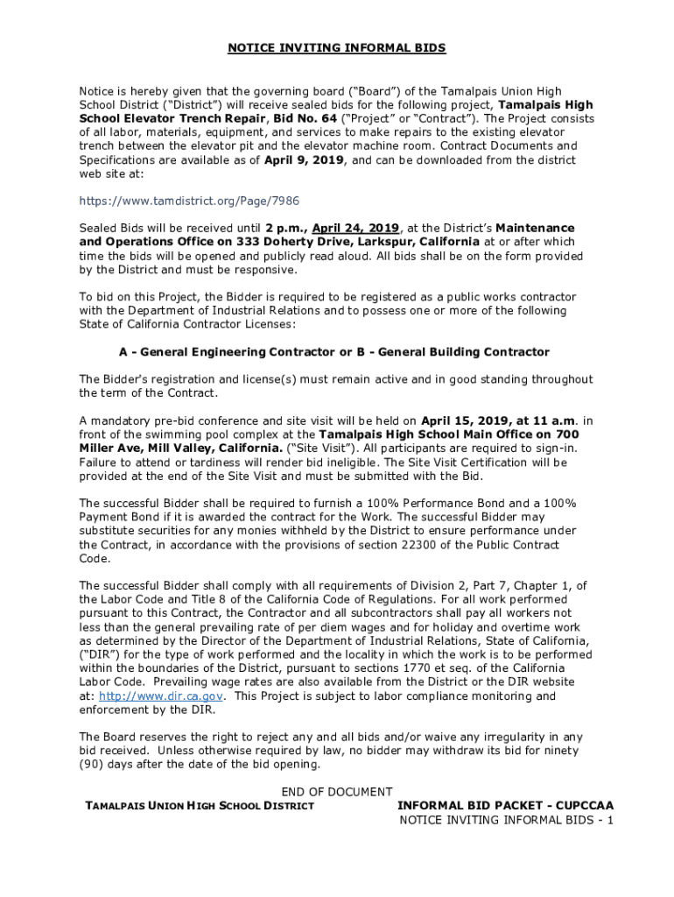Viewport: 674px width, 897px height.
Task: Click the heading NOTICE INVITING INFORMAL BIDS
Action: tap(337, 48)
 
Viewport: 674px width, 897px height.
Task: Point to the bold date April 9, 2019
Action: tap(305, 160)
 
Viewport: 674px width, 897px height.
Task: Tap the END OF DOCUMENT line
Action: tap(337, 792)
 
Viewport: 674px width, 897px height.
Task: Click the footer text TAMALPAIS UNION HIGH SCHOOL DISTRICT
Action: tap(199, 806)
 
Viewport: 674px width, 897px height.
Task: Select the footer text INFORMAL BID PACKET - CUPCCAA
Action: tap(505, 806)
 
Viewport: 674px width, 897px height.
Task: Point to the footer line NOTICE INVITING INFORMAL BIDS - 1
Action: tap(506, 820)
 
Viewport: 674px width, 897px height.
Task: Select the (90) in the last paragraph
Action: tap(92, 765)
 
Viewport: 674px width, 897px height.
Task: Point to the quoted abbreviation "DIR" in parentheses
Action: tap(99, 655)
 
